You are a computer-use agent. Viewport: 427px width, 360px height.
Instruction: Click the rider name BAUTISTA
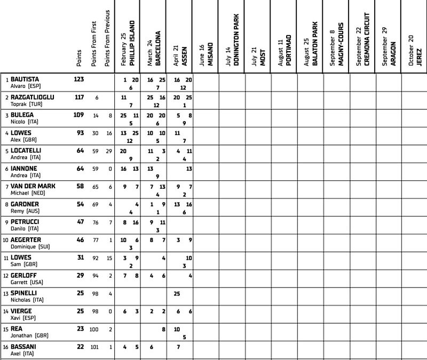(x=25, y=79)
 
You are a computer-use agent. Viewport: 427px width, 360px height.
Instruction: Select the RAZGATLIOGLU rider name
(x=32, y=97)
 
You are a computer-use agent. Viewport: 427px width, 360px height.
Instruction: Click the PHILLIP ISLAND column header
(x=132, y=43)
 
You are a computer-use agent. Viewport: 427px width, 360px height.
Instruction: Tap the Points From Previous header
(x=108, y=37)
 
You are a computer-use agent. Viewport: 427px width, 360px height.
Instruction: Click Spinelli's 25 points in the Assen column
(x=177, y=293)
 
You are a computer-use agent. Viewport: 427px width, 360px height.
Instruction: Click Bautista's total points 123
(x=78, y=79)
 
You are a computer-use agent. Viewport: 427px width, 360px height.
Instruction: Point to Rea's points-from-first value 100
(x=94, y=329)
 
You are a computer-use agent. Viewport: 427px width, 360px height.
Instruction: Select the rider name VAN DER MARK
(x=34, y=186)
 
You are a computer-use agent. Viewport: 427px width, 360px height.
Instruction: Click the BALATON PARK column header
(x=314, y=43)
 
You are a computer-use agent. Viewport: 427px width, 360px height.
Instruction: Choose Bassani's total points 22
(x=80, y=347)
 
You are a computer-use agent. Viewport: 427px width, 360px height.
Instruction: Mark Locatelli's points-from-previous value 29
(x=108, y=151)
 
